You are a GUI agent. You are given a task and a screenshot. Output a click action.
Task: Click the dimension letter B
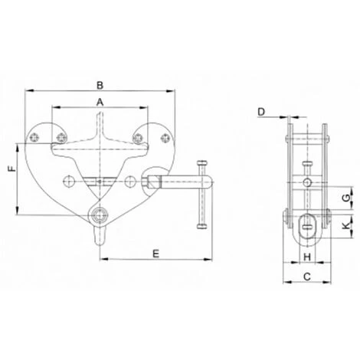100,85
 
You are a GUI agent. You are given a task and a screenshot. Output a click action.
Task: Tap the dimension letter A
100,103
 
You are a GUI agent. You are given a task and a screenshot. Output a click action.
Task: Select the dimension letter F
11,169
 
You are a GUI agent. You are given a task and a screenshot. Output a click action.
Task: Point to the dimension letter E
156,254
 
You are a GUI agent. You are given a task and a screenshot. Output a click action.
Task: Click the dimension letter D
261,112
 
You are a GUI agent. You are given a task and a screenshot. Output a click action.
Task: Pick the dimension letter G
346,198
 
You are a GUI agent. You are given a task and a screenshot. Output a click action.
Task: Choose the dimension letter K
346,225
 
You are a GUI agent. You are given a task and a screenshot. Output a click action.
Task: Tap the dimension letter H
307,257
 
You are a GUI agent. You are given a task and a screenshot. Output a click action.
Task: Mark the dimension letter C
307,277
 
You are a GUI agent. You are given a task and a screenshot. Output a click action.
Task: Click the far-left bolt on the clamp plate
34,138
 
